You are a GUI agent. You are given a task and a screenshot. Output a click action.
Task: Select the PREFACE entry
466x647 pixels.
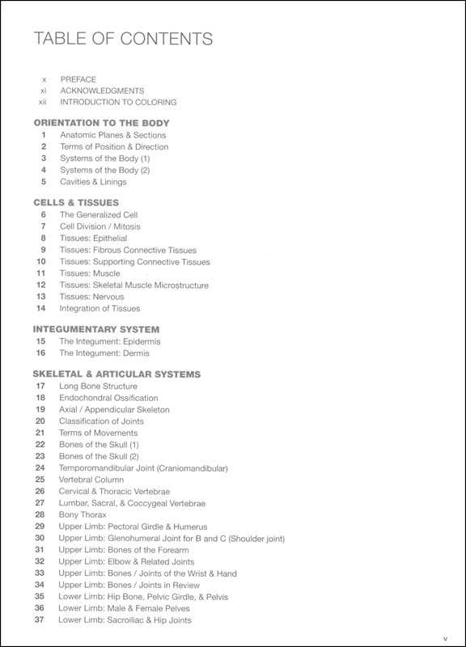(x=78, y=79)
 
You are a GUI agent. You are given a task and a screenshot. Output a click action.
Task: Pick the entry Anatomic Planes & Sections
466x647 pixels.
(x=112, y=135)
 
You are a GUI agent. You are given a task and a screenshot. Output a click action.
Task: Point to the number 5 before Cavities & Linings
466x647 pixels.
(x=42, y=181)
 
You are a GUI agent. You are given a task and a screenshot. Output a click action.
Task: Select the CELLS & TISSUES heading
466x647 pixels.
(x=76, y=202)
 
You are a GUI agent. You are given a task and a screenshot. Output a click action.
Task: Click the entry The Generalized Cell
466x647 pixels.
(x=100, y=215)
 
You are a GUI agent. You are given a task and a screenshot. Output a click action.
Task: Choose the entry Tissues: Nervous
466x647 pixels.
(x=91, y=297)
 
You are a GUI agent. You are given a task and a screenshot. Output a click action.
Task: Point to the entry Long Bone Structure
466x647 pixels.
(x=98, y=387)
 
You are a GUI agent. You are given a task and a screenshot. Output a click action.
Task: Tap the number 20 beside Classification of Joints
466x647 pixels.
(x=40, y=421)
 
